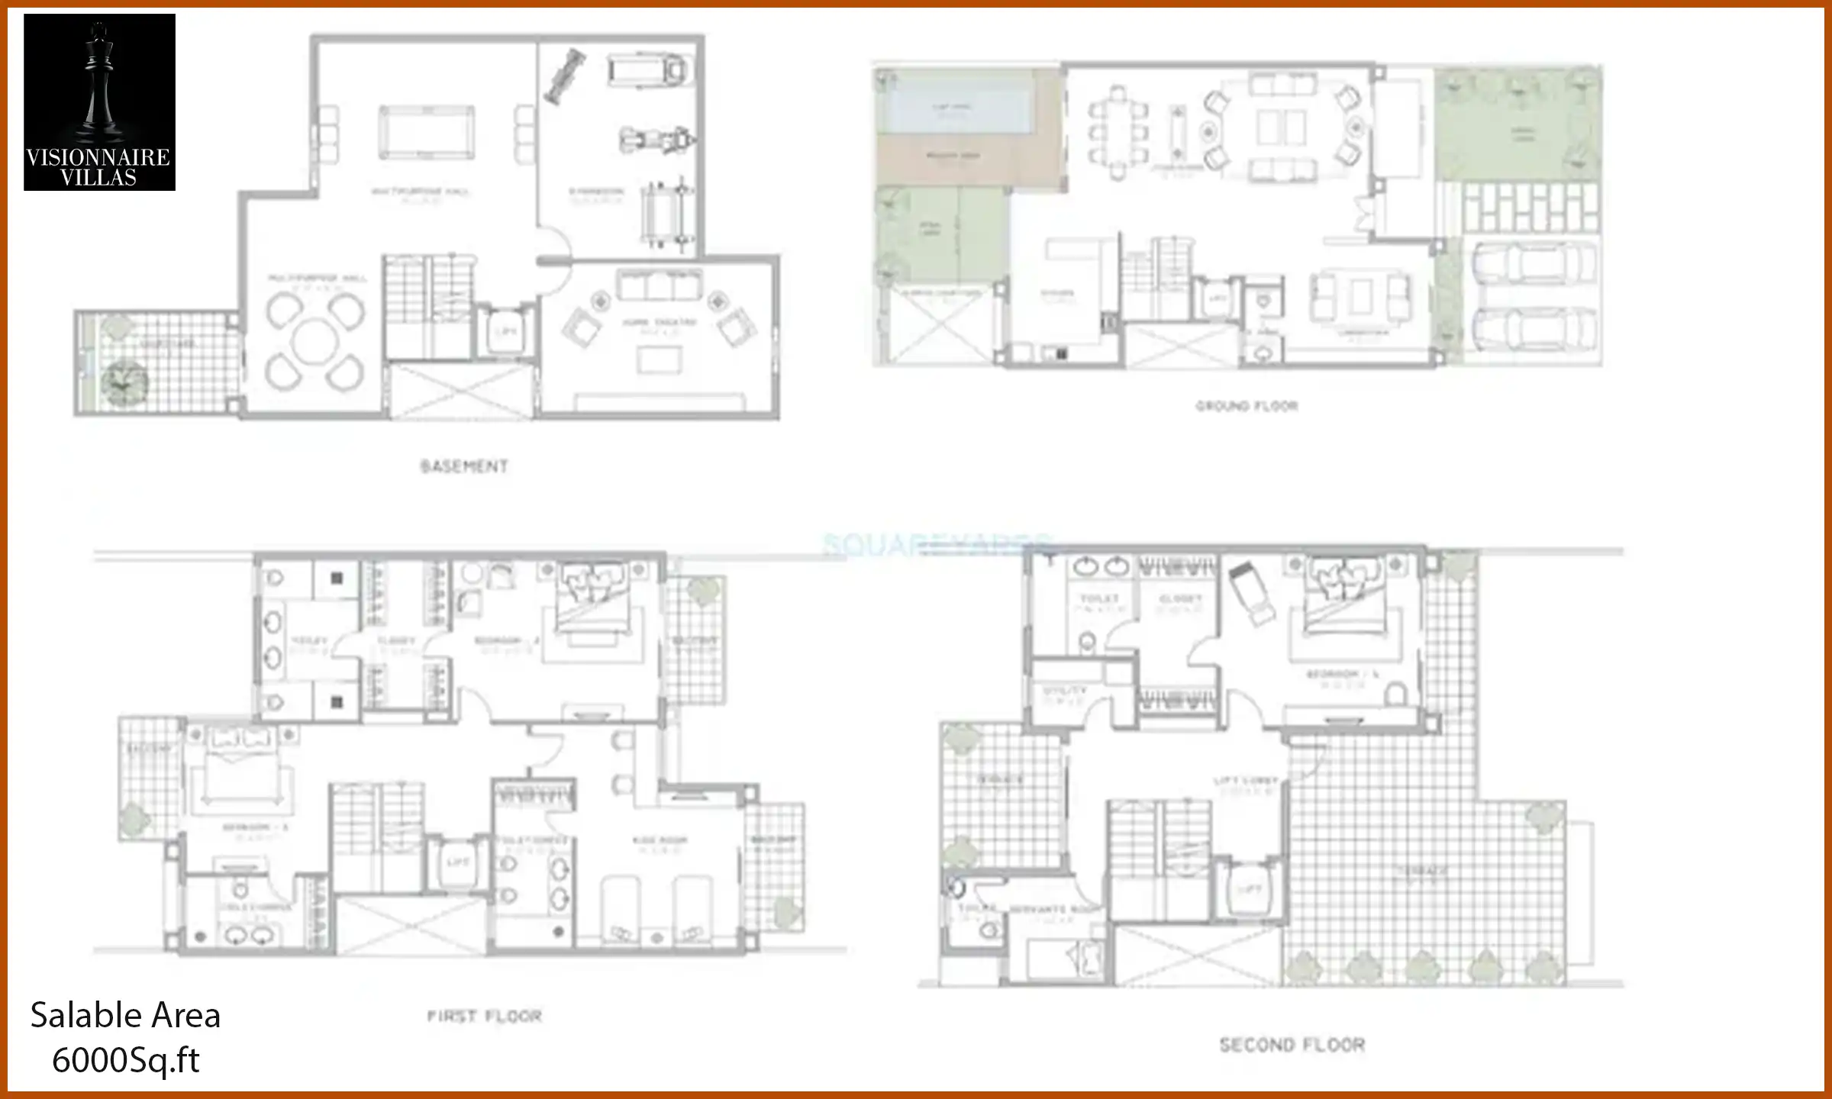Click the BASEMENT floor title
coord(464,466)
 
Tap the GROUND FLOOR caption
coord(1247,406)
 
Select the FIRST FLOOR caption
coord(484,1017)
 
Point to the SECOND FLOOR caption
coord(1292,1045)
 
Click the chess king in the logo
coord(98,84)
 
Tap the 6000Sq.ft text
coord(125,1060)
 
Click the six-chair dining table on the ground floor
coord(1118,134)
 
